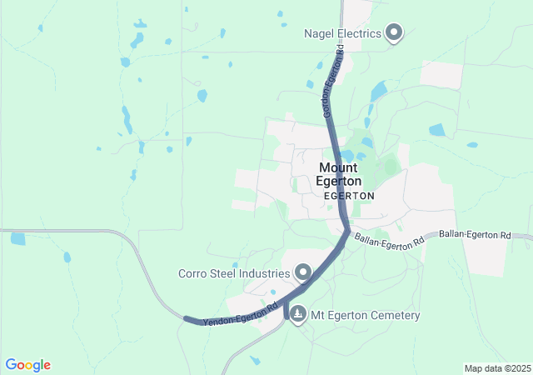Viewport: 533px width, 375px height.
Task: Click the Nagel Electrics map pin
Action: (395, 33)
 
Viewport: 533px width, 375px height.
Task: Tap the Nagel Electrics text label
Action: (342, 33)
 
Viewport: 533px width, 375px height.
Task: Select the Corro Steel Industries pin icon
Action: (303, 272)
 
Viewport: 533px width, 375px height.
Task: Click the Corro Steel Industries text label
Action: (234, 272)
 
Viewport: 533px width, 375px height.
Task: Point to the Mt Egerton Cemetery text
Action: (366, 316)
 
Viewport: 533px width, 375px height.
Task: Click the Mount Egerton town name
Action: (340, 173)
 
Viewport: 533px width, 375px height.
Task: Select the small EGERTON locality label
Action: (349, 196)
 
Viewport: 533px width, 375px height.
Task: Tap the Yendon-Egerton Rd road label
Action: (240, 314)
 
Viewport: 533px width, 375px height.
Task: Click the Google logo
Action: (27, 365)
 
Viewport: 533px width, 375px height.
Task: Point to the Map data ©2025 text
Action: (496, 368)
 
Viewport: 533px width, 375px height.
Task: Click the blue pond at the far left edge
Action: (17, 238)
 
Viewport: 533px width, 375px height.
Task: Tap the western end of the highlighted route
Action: (187, 319)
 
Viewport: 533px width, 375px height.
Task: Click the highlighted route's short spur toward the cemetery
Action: (286, 312)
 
